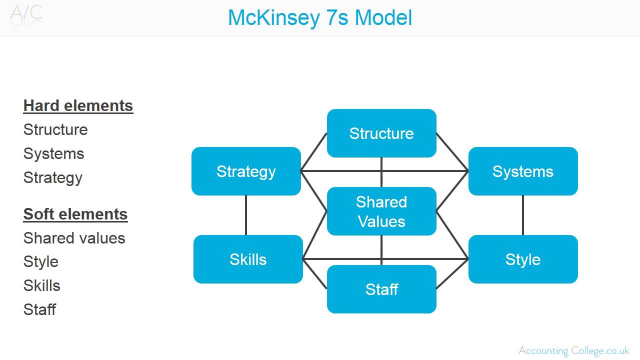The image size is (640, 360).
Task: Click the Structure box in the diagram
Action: coord(381,133)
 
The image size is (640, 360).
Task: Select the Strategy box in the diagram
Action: coord(246,171)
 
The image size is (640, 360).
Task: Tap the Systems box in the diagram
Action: coord(523,171)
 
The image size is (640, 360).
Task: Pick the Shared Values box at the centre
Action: coord(381,211)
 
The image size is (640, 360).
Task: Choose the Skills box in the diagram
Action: coord(248,259)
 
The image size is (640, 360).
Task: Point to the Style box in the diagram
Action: coord(523,259)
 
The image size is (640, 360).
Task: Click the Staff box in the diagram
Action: coord(381,289)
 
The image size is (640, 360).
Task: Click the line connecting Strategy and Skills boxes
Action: coord(246,215)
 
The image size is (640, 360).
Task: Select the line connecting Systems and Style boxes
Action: coord(523,215)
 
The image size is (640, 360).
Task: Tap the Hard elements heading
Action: coord(78,106)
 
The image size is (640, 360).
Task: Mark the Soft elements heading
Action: coord(75,214)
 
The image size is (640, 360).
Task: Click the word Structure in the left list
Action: coord(55,129)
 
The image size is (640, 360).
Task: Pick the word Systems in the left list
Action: coord(53,153)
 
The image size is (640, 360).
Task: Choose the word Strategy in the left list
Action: coord(53,177)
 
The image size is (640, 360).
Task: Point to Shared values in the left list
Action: coord(74,238)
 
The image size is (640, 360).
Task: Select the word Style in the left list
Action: coord(41,261)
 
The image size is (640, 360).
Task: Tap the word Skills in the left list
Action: coord(42,285)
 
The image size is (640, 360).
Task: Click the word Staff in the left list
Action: coord(39,309)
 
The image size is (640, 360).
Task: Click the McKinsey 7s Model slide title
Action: coord(320,18)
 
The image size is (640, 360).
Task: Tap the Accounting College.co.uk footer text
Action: coord(573,350)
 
